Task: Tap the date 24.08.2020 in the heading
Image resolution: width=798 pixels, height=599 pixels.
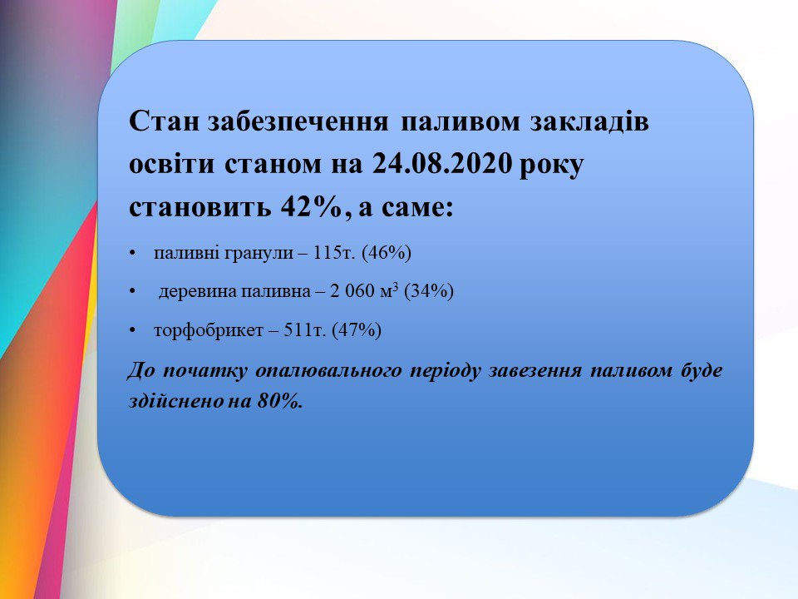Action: [x=441, y=164]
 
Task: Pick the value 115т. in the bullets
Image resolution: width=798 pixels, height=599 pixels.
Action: [x=334, y=253]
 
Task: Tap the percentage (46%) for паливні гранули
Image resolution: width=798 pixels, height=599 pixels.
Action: [x=387, y=253]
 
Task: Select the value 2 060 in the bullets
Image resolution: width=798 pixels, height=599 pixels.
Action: [x=352, y=291]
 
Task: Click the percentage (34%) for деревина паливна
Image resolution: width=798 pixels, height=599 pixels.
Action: [x=429, y=291]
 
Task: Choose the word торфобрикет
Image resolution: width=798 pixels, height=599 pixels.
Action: [x=209, y=331]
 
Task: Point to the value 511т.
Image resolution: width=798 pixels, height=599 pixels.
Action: [x=304, y=330]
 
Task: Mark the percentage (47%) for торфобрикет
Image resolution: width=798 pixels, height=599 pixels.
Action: [x=357, y=330]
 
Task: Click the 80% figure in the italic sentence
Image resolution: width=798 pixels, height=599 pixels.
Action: [x=280, y=401]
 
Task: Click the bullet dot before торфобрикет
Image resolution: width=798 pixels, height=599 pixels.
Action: [x=133, y=331]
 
